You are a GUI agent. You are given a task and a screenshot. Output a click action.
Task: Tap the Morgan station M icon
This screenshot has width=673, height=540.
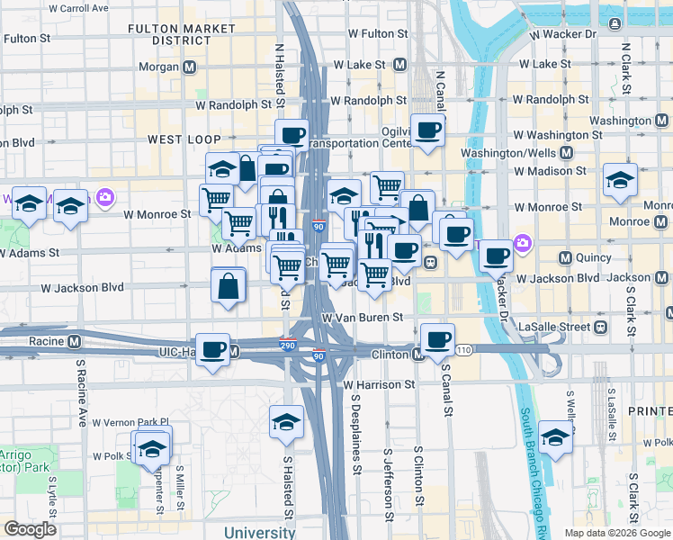point(190,67)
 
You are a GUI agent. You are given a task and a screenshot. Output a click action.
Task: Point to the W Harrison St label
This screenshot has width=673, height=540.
point(379,384)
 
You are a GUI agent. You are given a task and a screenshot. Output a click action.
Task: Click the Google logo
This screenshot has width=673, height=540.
point(30,529)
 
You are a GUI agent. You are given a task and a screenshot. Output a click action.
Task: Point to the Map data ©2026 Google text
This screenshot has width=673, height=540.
point(616,533)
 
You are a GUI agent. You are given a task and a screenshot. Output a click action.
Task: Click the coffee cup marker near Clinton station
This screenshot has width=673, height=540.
point(437,340)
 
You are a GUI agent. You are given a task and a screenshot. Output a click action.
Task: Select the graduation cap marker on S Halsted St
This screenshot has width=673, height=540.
point(286,421)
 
